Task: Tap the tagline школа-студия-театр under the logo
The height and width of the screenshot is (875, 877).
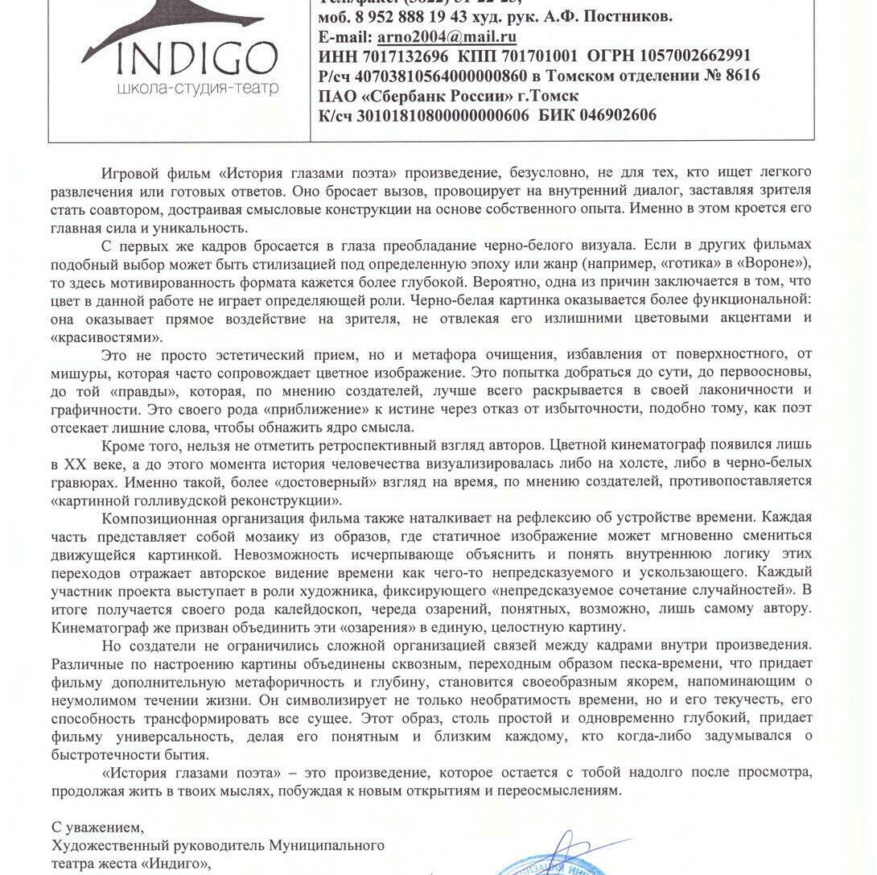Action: (198, 88)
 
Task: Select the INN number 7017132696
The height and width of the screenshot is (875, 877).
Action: (409, 56)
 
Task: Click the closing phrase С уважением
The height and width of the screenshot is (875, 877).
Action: (97, 827)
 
